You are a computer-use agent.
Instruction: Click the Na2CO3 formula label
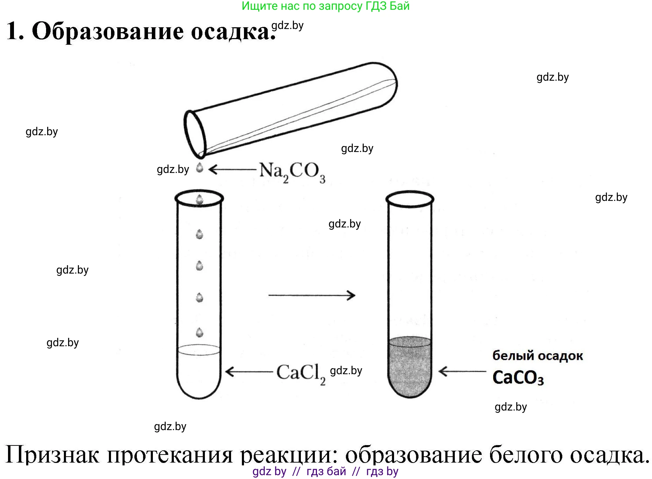point(292,172)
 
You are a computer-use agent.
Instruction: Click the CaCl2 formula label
point(301,373)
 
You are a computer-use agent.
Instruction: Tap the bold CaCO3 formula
point(518,378)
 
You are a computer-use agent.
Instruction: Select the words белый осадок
point(538,356)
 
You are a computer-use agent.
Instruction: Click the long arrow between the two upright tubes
point(312,295)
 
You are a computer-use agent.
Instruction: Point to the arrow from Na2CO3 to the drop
point(232,169)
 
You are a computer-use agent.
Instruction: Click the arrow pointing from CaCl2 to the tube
point(249,371)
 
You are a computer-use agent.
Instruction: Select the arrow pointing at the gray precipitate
point(462,371)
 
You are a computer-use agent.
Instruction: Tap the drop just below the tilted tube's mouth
point(200,168)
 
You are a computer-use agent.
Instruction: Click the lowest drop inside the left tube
point(200,332)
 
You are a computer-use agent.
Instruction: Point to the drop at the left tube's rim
point(200,199)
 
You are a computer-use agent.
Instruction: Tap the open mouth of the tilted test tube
point(195,134)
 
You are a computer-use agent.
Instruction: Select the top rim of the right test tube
point(410,199)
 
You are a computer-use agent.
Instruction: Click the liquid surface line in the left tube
point(199,350)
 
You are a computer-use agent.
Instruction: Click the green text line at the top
point(325,6)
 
